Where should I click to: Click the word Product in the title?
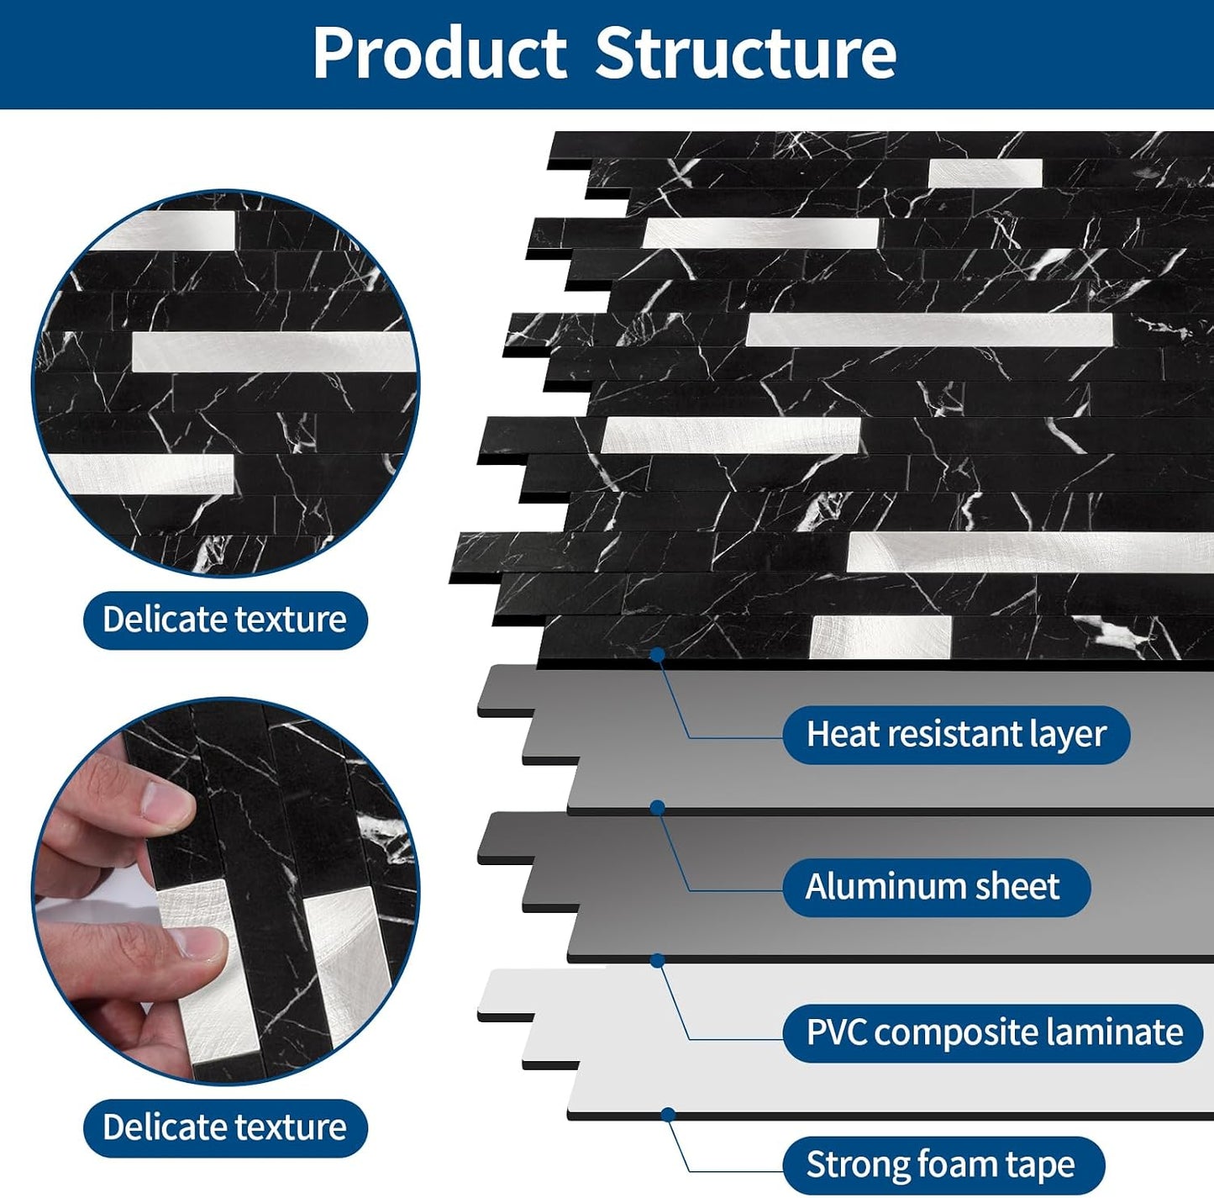[439, 53]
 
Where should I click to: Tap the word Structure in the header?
[745, 53]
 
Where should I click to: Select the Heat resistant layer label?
[956, 734]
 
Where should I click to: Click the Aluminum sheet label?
[936, 886]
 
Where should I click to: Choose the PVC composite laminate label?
[993, 1032]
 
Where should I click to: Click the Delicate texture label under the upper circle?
[225, 619]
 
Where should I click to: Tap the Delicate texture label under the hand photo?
[225, 1127]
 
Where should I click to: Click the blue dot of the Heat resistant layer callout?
[657, 654]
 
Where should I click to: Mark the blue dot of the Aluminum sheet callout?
[657, 808]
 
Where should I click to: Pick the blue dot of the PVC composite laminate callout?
[657, 961]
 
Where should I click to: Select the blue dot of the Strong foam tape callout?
[669, 1115]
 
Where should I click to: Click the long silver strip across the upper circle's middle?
[273, 351]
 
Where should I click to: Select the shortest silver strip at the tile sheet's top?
[985, 173]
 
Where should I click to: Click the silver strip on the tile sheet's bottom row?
[880, 637]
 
